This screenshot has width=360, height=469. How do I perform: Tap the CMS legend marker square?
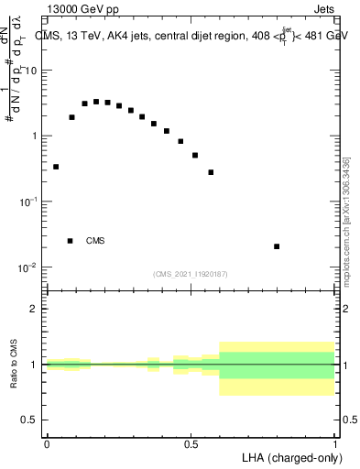coord(70,241)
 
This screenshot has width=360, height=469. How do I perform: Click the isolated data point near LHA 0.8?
coord(277,246)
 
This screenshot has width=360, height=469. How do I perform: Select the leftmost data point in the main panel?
coord(56,167)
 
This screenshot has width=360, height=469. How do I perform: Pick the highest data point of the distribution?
coord(96,102)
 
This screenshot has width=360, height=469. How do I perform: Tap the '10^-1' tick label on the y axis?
coord(31,202)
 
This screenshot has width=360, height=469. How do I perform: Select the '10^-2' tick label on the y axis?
coord(31,267)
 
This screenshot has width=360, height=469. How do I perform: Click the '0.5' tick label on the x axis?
coord(191,444)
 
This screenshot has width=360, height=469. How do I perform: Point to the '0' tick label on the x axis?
coord(47,444)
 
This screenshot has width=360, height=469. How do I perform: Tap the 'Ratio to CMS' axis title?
coord(15,365)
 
